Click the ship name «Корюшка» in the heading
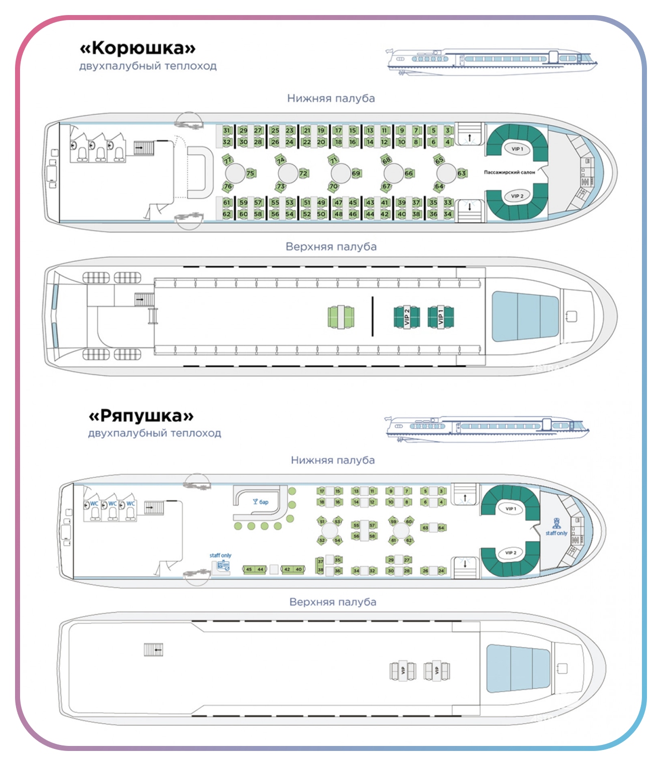tap(137, 48)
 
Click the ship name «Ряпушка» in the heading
tap(141, 416)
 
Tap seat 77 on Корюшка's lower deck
tap(228, 160)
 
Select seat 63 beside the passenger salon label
tap(461, 173)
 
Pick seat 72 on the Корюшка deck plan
tap(303, 173)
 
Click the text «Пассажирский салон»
tap(509, 172)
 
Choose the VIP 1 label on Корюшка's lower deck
tap(517, 149)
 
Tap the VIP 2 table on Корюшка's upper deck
tap(407, 317)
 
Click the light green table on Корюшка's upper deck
tap(341, 317)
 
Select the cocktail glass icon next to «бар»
tap(255, 501)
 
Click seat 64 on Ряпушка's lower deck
tap(441, 528)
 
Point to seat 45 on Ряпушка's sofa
tap(249, 569)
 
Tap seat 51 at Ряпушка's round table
tap(322, 522)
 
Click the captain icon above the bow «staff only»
tap(556, 523)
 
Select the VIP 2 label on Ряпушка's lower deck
tap(510, 553)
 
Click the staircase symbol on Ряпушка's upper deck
tap(153, 650)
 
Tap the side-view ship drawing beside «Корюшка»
tap(491, 62)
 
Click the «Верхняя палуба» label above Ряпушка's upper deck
tap(333, 602)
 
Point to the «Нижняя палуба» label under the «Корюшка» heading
tap(331, 98)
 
